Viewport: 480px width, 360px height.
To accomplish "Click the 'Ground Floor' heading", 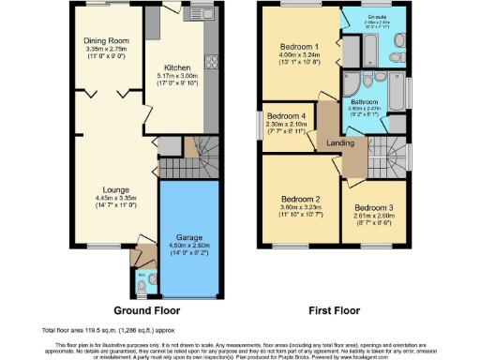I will pyautogui.click(x=143, y=310).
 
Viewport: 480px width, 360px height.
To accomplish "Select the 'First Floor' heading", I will pyautogui.click(x=334, y=310).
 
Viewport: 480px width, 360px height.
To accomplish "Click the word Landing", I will pyautogui.click(x=339, y=142).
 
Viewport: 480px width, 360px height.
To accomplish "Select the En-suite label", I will pyautogui.click(x=378, y=17).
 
